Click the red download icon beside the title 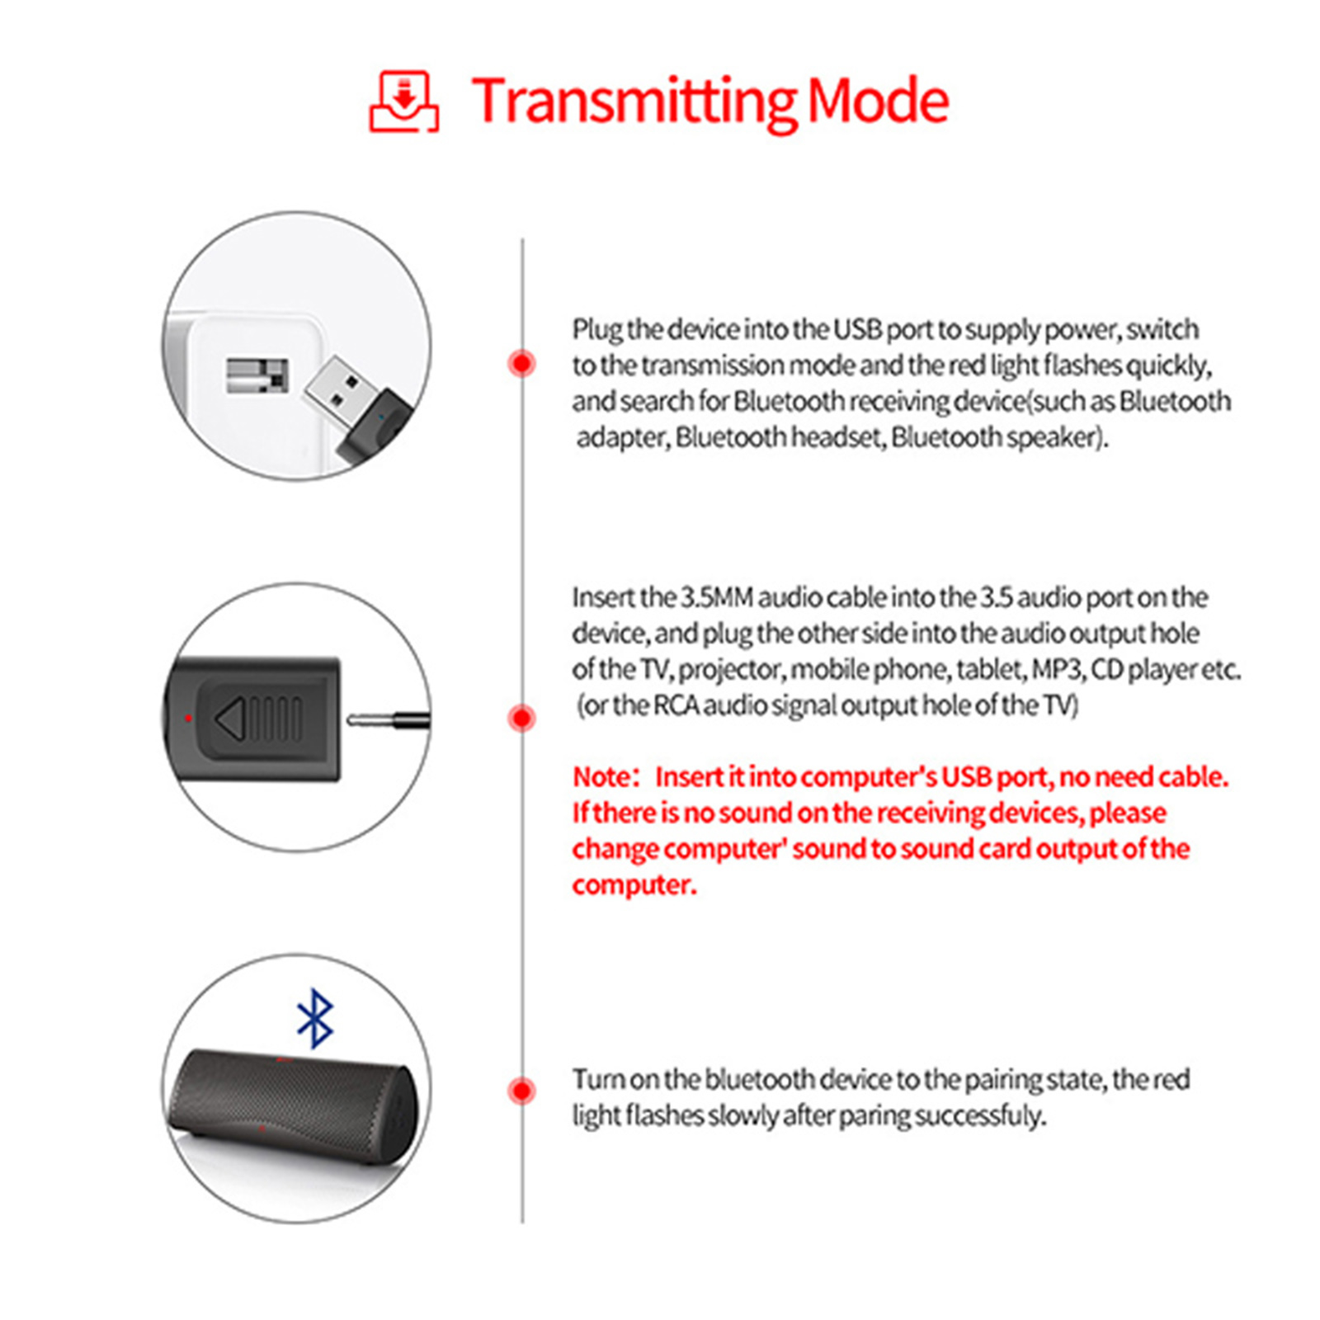403,101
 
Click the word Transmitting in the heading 634,101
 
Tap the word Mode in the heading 878,101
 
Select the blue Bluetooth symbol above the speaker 315,1019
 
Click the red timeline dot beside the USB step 521,363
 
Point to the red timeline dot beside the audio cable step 521,718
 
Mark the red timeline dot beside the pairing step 521,1091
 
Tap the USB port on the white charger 257,376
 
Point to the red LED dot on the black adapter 189,719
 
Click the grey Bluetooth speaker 293,1105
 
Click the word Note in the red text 601,777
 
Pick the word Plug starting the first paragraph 597,329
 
